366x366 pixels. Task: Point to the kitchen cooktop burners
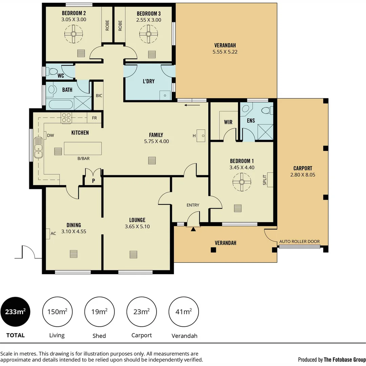coord(66,117)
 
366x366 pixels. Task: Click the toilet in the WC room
coord(53,72)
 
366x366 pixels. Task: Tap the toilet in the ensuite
coord(266,110)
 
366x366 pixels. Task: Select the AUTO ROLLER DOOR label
coord(299,242)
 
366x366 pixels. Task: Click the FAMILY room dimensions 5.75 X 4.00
coord(156,141)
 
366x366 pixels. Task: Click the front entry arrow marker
coord(193,229)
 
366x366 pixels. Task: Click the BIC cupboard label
coord(99,96)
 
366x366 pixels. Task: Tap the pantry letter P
coord(94,181)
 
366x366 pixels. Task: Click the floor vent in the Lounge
coord(133,254)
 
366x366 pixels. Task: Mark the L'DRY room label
coord(149,81)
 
